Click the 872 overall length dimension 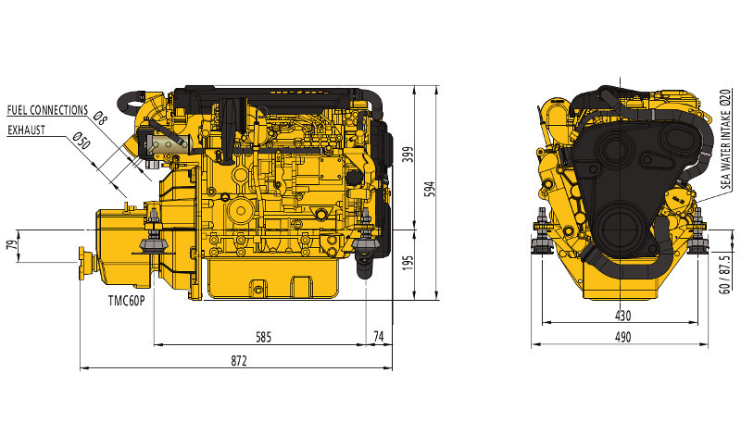239,361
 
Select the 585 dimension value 264,337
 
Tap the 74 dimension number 379,337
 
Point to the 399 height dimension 408,155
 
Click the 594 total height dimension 430,190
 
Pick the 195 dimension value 408,263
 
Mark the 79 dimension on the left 11,245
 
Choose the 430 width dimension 622,316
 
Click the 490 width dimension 622,337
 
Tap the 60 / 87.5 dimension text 724,274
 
